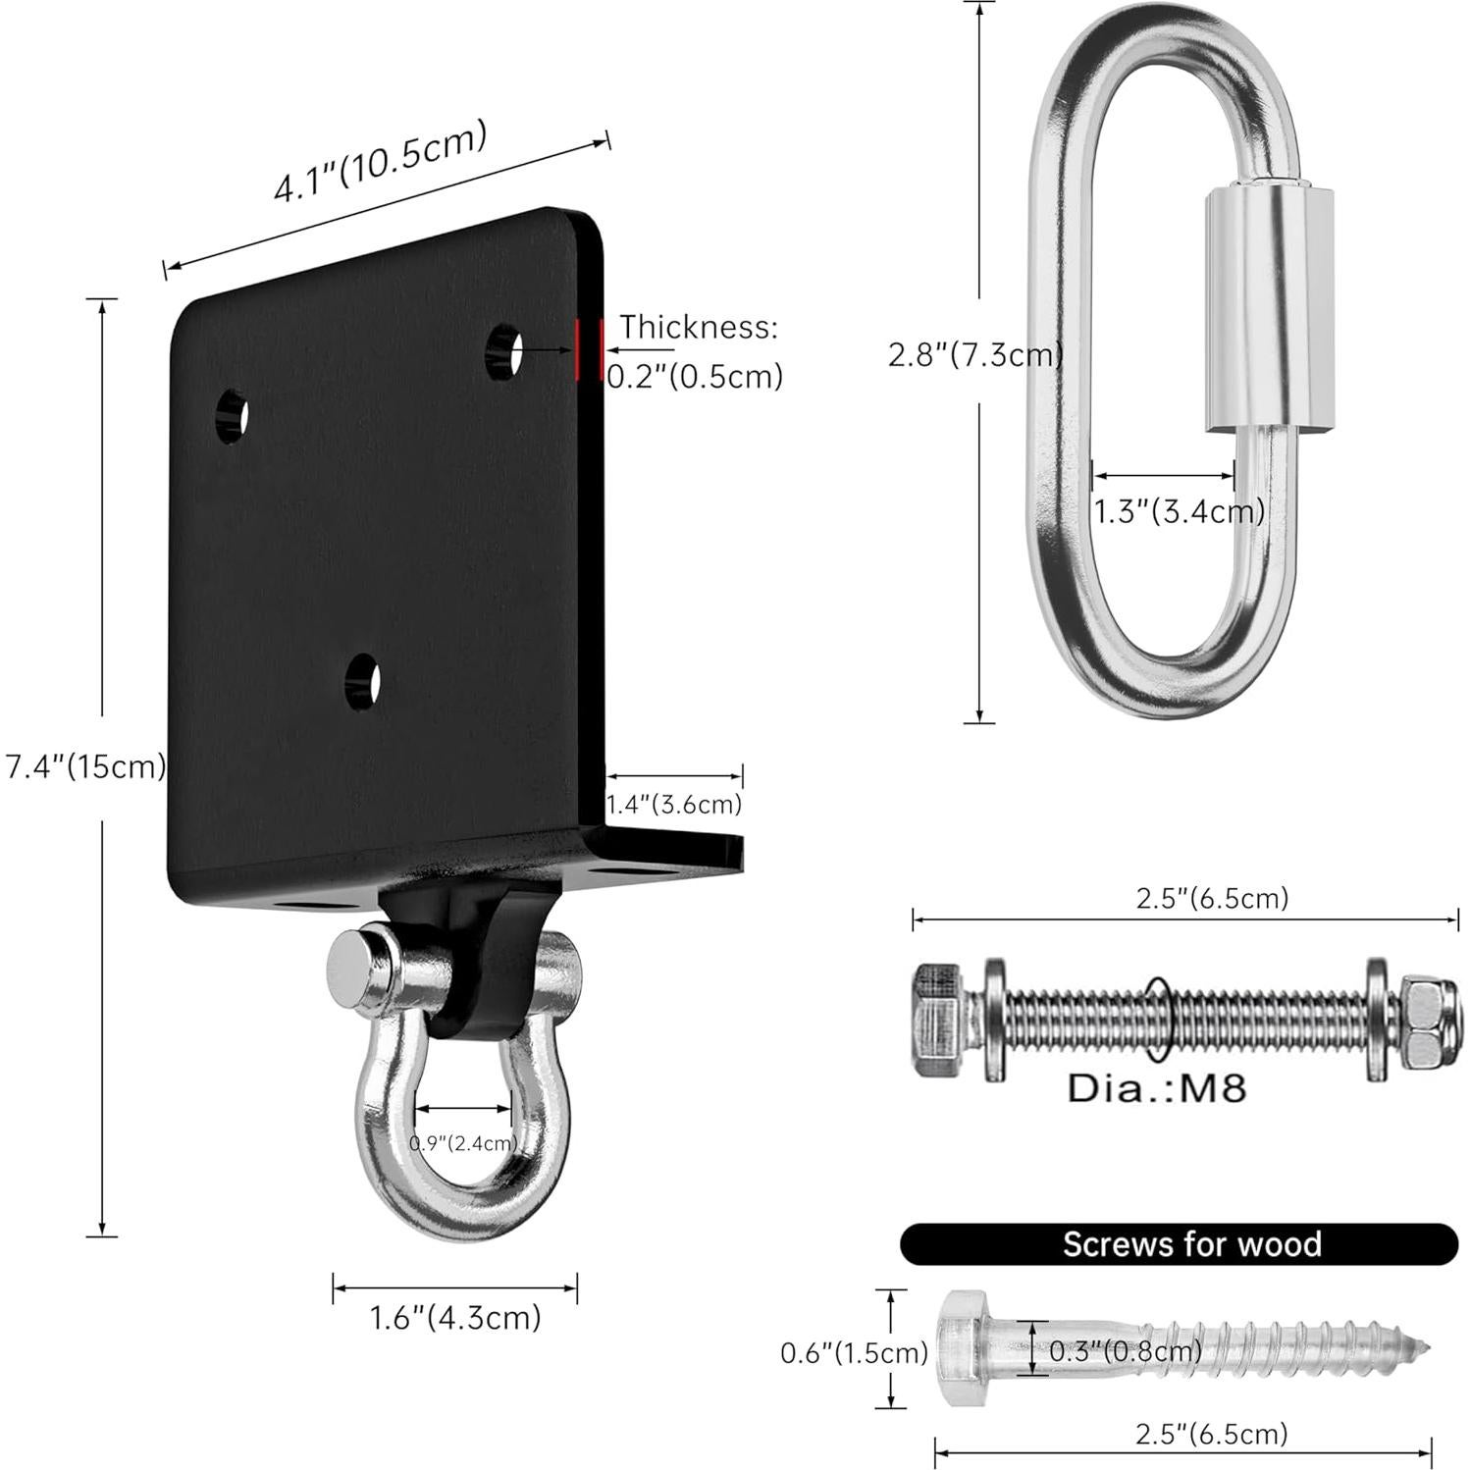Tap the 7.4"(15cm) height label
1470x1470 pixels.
click(85, 766)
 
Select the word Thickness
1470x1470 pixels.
click(698, 327)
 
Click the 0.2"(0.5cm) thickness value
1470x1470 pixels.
click(695, 376)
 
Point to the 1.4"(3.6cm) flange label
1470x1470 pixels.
click(673, 805)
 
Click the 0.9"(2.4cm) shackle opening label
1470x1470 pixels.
click(463, 1142)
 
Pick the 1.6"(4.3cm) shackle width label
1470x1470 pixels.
click(455, 1317)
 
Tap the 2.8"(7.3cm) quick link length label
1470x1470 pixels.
click(974, 354)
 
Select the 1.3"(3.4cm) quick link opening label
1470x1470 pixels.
click(1179, 511)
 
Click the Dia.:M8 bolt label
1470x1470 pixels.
click(1157, 1087)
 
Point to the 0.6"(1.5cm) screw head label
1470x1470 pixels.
click(854, 1353)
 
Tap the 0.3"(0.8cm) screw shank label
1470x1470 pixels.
click(1126, 1351)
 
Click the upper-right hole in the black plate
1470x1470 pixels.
click(504, 350)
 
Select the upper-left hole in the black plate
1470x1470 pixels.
click(232, 416)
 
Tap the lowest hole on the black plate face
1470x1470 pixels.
click(363, 680)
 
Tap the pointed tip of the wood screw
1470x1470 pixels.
click(1423, 1346)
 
